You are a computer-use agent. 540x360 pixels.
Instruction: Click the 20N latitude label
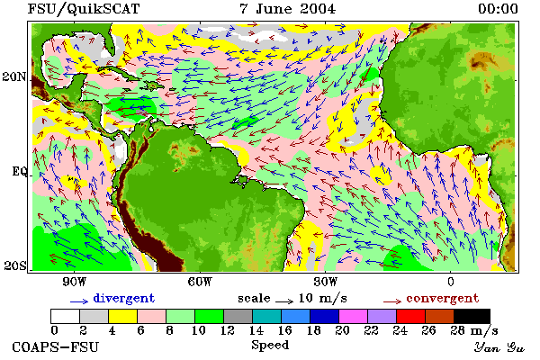point(14,76)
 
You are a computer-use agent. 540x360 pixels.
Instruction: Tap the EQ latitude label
point(20,171)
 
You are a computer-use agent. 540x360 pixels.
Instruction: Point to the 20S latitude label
point(14,265)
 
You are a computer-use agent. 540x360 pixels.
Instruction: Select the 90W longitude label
point(74,282)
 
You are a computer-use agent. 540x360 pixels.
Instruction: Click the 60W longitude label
point(200,282)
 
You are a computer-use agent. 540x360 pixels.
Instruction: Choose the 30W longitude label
point(326,282)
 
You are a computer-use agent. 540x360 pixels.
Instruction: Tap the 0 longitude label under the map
point(451,282)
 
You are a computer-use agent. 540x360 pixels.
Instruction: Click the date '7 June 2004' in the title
point(288,9)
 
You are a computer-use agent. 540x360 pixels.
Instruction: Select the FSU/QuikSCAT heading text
point(84,9)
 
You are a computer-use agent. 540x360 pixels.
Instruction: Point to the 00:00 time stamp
point(498,9)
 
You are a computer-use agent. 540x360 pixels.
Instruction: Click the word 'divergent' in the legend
point(124,298)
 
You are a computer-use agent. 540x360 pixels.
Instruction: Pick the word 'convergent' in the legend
point(443,298)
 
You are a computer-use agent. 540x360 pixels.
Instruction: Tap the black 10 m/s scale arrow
point(284,301)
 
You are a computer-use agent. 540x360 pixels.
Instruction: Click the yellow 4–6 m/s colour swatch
point(123,316)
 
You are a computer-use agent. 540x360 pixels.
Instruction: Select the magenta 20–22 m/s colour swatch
point(354,316)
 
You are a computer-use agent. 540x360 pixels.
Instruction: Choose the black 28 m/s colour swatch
point(472,316)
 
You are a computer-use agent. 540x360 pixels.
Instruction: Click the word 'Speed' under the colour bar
point(270,346)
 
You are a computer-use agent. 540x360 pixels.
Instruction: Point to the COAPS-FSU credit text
point(56,346)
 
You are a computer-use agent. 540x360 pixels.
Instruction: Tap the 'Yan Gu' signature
point(499,347)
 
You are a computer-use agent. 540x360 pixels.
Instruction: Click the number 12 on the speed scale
point(228,330)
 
